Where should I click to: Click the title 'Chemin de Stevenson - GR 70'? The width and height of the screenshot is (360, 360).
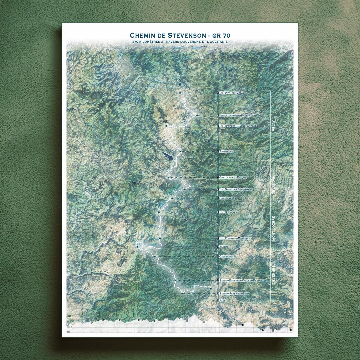pos(180,35)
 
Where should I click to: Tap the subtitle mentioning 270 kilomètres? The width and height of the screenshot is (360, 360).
pos(180,42)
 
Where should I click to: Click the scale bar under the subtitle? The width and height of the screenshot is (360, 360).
pos(178,48)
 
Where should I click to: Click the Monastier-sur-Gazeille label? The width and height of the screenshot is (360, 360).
pos(236,115)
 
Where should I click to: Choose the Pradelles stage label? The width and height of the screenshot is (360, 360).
pos(226,151)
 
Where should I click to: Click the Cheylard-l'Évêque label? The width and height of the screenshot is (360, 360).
pos(233,178)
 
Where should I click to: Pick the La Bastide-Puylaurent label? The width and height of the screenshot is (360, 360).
pos(236,189)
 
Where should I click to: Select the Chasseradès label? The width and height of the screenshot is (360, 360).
pos(227,198)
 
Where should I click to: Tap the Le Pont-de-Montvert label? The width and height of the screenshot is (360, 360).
pos(234,238)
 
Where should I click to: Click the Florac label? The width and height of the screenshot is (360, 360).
pos(224,247)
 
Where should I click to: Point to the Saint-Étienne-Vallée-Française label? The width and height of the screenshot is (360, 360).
pos(243,281)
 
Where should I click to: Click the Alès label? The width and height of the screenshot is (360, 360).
pos(222,300)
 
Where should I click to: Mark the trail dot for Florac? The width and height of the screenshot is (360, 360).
pos(137,247)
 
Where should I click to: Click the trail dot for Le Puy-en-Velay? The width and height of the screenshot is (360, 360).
pos(180,93)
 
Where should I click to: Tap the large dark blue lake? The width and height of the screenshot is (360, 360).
pos(168,156)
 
